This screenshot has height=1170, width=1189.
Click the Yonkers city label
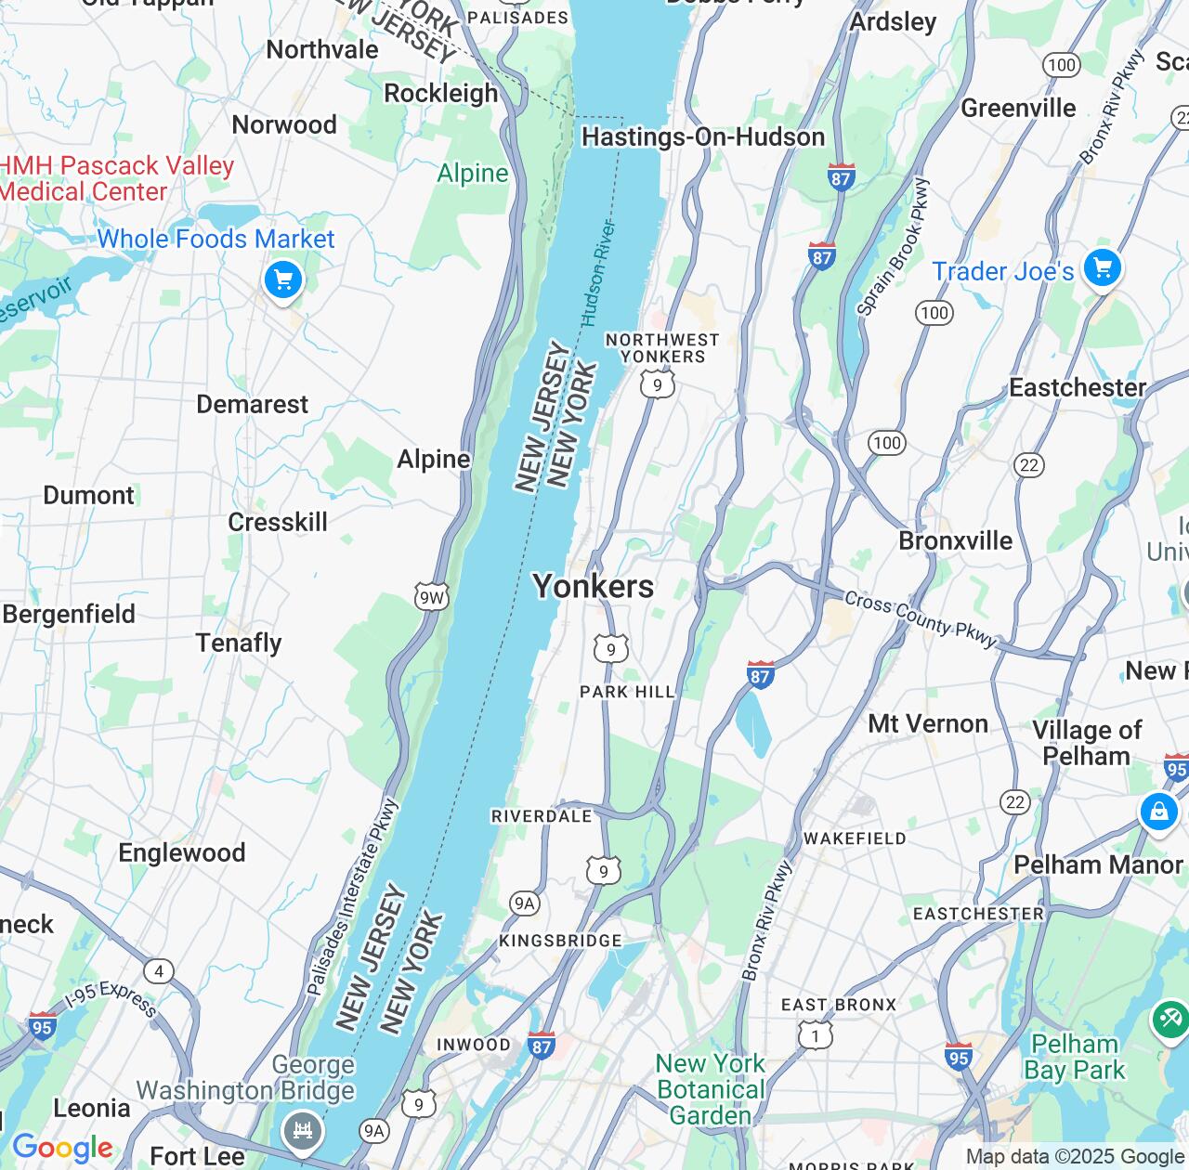click(x=593, y=587)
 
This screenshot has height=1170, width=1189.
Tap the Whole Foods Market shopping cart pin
click(x=282, y=279)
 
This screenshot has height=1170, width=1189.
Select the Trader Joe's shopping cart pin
click(x=1102, y=268)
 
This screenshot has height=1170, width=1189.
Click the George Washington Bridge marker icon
click(x=302, y=1130)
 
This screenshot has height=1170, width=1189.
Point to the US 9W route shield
click(x=432, y=597)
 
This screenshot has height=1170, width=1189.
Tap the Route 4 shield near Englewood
click(x=159, y=971)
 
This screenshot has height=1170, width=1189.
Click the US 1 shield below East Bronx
click(x=815, y=1034)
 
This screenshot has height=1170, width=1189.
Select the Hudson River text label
click(x=598, y=273)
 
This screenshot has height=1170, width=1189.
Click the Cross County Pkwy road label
click(x=920, y=619)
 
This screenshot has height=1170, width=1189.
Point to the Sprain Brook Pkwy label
click(x=892, y=247)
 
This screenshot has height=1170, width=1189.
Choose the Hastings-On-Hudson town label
click(x=702, y=137)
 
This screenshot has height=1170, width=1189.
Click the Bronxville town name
click(x=955, y=540)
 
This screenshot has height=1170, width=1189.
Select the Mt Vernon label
click(x=927, y=723)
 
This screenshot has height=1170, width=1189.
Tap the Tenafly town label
click(x=239, y=643)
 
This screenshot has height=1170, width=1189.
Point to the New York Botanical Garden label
click(x=711, y=1089)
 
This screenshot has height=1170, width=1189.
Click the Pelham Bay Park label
click(x=1074, y=1057)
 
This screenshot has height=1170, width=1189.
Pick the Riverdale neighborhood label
click(x=541, y=816)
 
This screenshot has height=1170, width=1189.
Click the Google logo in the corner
click(x=62, y=1149)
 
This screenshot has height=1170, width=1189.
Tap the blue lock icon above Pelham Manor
click(x=1158, y=812)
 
